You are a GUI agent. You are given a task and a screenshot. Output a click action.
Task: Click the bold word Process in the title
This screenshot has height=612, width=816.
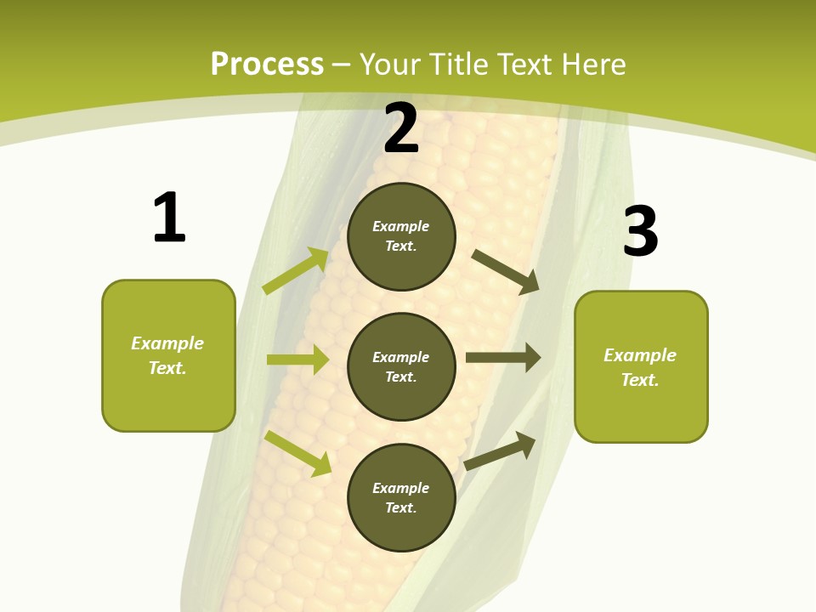click(267, 65)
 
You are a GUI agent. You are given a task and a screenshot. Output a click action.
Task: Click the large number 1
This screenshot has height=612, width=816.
click(168, 218)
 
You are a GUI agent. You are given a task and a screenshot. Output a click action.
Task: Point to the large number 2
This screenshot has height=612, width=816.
click(401, 129)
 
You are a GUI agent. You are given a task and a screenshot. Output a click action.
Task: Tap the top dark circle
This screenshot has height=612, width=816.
click(401, 236)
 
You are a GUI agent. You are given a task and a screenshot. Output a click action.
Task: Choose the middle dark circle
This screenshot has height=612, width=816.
click(401, 366)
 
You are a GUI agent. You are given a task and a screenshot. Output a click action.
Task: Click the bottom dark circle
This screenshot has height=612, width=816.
click(401, 497)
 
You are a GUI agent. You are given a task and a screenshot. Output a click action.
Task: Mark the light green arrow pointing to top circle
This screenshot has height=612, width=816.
click(296, 271)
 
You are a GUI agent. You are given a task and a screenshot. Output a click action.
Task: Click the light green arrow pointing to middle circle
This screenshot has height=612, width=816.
click(297, 360)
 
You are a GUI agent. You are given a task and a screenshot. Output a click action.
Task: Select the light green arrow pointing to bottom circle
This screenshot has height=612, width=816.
click(297, 453)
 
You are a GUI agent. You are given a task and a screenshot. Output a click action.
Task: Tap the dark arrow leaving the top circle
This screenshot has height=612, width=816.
click(506, 271)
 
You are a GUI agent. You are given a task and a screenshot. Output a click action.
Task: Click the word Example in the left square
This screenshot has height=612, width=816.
click(167, 343)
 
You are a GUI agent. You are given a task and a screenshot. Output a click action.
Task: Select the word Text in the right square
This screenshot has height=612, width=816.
click(639, 380)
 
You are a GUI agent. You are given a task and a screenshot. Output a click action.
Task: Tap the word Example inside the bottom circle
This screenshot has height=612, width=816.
click(401, 488)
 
